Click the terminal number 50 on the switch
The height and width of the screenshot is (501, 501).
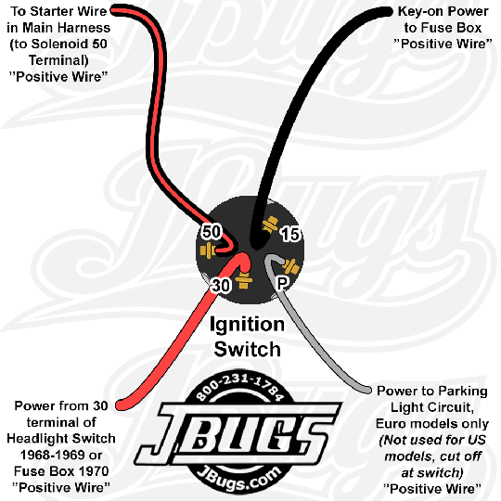212,231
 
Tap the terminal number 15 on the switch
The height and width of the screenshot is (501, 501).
290,234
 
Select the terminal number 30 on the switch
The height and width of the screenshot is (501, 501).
221,285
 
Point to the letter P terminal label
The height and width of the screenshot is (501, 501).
282,283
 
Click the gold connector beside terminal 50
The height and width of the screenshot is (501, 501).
208,250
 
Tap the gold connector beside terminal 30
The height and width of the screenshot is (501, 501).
244,280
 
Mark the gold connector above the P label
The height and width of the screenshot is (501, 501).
290,266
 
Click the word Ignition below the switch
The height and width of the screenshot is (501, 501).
247,325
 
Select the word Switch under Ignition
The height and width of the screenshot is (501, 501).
248,349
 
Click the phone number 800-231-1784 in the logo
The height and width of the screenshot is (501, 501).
239,387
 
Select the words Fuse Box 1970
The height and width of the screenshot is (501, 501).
61,471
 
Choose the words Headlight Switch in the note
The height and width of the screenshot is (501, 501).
61,438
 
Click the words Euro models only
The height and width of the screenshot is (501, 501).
432,424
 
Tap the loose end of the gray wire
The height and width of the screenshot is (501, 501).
367,390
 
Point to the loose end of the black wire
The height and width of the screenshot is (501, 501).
387,12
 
